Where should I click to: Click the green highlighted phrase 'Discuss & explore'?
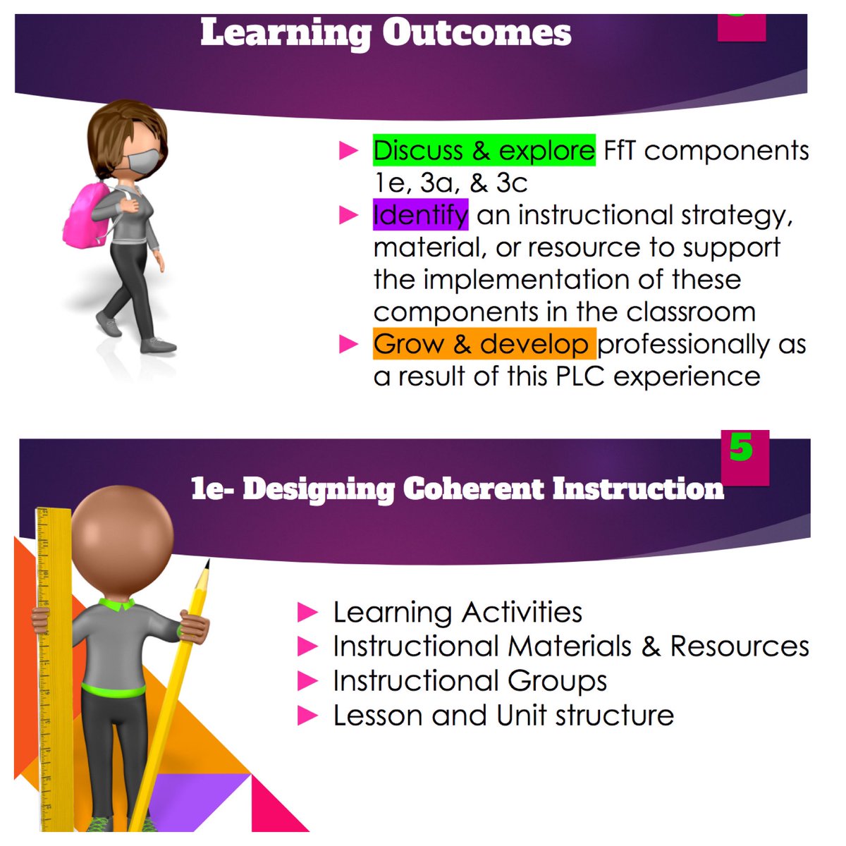(x=484, y=150)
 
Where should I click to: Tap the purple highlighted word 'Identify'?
(x=420, y=214)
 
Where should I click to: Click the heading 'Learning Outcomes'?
(x=386, y=33)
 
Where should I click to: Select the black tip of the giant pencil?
(x=206, y=565)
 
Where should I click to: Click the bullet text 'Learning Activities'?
(x=458, y=612)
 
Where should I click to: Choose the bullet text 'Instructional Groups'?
(x=470, y=681)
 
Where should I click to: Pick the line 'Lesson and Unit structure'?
(x=503, y=715)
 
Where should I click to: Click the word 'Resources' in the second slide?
(x=739, y=646)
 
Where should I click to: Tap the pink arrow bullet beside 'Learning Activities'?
(x=308, y=612)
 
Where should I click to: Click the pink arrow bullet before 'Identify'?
(x=349, y=215)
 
